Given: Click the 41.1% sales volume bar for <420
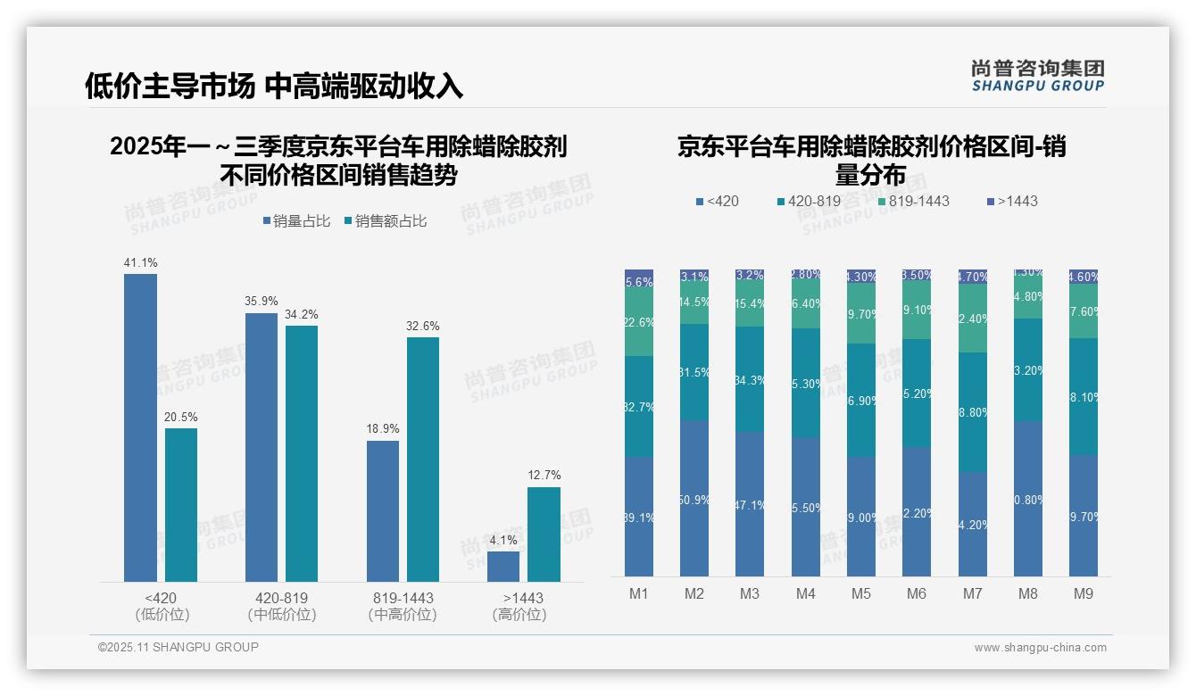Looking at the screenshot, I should pos(140,427).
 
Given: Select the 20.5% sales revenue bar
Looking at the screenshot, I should pos(181,505).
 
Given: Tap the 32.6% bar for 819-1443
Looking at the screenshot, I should pos(423,459).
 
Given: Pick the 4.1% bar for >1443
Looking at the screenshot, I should pos(503,567).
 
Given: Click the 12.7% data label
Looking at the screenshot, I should pos(544,476).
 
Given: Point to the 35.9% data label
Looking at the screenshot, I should pos(262,302).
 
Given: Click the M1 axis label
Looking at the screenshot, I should pos(639,594).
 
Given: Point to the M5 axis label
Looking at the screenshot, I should pos(861,594).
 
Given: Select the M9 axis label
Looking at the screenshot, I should pos(1083,594).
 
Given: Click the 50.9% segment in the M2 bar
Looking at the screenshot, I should pos(694,499).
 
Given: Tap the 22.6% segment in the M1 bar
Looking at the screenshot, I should pos(639,322).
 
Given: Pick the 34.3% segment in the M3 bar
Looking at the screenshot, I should pos(750,379).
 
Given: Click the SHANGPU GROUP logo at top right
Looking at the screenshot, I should pos(1037,76).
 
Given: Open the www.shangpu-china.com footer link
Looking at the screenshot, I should pos(1040,648).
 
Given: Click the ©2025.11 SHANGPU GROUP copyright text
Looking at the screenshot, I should pos(179,648).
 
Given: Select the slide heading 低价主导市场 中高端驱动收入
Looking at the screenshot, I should pos(274,87).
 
